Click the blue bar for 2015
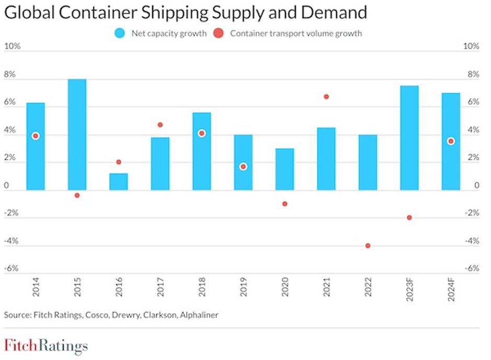click(x=77, y=135)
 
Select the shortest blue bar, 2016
click(x=119, y=182)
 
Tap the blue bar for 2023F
click(x=409, y=138)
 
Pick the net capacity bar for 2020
click(x=285, y=169)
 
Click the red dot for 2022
click(x=368, y=246)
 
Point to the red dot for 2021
click(x=326, y=97)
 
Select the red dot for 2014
click(x=36, y=136)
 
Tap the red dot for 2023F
click(x=409, y=217)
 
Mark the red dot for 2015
click(x=77, y=195)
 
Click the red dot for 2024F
click(x=451, y=141)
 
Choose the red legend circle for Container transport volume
click(x=219, y=33)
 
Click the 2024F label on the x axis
click(x=451, y=290)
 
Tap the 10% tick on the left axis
click(x=12, y=47)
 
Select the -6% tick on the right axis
click(x=473, y=268)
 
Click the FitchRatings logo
click(x=46, y=345)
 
